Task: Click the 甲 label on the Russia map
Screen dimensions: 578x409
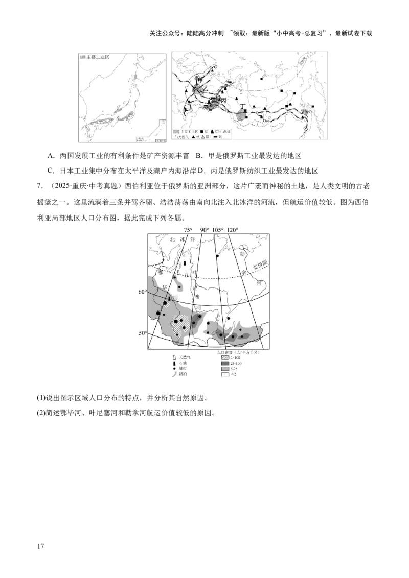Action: pyautogui.click(x=200, y=79)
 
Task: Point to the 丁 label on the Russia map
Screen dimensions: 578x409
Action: pyautogui.click(x=243, y=106)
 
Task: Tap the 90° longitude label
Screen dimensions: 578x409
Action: pyautogui.click(x=205, y=230)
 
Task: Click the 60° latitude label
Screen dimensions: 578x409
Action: pyautogui.click(x=142, y=292)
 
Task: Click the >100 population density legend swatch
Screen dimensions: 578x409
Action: pyautogui.click(x=221, y=357)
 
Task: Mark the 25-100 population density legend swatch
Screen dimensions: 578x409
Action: pyautogui.click(x=221, y=363)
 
